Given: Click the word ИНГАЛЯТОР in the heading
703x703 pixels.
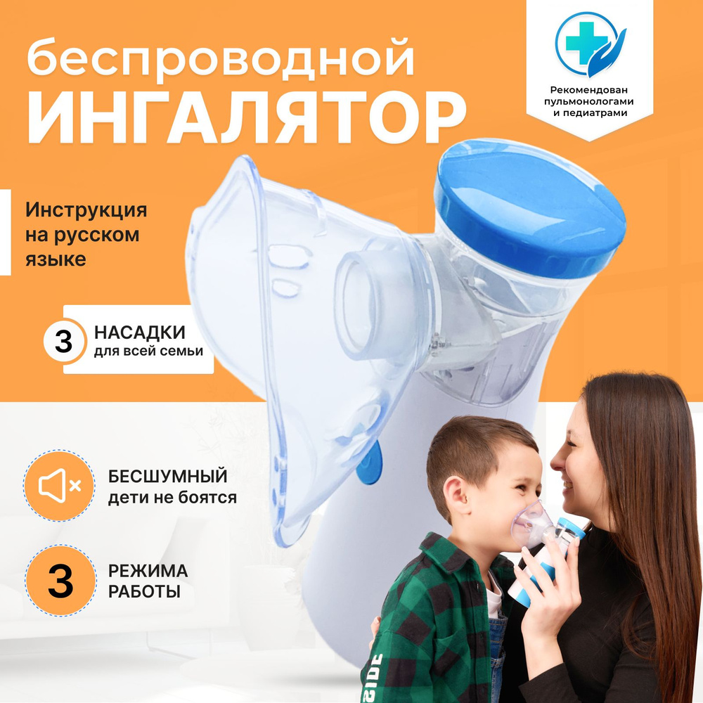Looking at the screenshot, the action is coord(247,117).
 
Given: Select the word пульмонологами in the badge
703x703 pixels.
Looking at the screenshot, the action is coord(589,101).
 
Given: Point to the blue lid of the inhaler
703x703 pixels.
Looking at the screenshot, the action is coord(529,209).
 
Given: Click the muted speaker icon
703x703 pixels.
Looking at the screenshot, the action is coord(59,485).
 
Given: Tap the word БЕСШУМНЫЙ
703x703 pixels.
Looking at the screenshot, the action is coord(168,476).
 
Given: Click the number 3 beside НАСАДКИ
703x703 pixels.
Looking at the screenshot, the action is coord(64,342).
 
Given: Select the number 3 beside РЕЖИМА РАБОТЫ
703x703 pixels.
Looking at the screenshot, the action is coord(60,581).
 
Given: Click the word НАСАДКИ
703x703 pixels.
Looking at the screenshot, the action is coord(140,333).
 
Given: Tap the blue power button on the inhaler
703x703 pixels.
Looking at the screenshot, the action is coord(370,463).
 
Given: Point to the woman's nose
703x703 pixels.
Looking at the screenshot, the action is coord(557,463).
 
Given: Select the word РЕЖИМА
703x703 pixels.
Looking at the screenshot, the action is coord(148,571).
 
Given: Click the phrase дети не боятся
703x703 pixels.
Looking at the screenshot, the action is coord(172,498).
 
